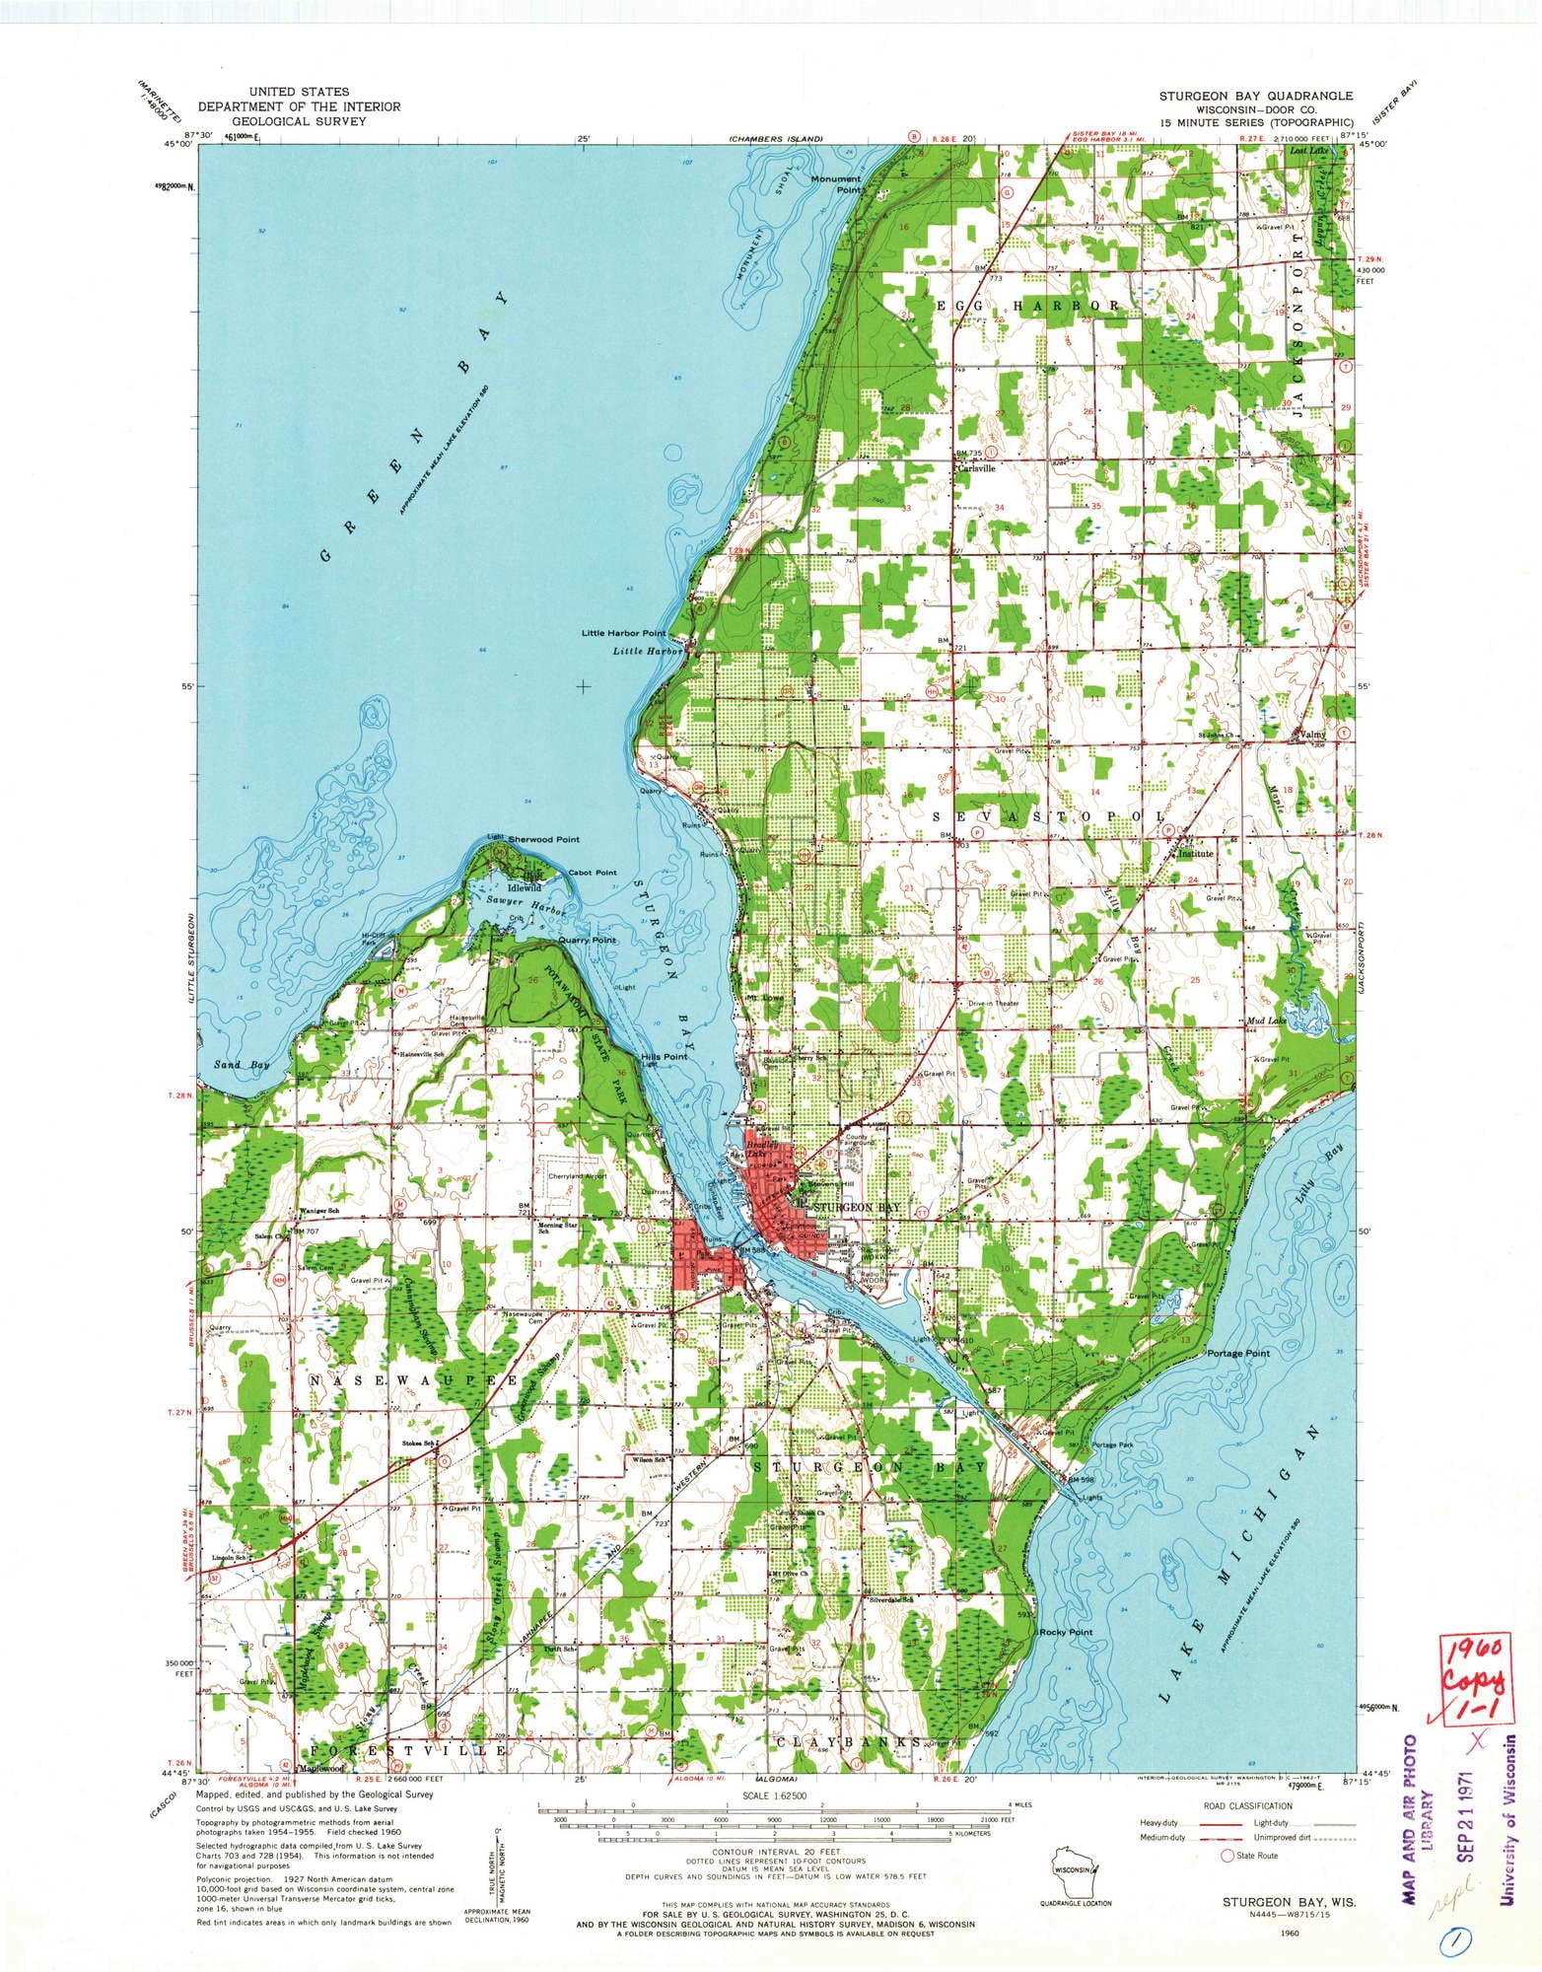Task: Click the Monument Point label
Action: click(835, 184)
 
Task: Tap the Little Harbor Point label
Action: click(623, 633)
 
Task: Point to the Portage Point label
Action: click(1237, 1354)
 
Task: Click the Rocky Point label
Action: click(1066, 1632)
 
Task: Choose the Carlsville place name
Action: click(977, 469)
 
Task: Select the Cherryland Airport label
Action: click(578, 1175)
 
